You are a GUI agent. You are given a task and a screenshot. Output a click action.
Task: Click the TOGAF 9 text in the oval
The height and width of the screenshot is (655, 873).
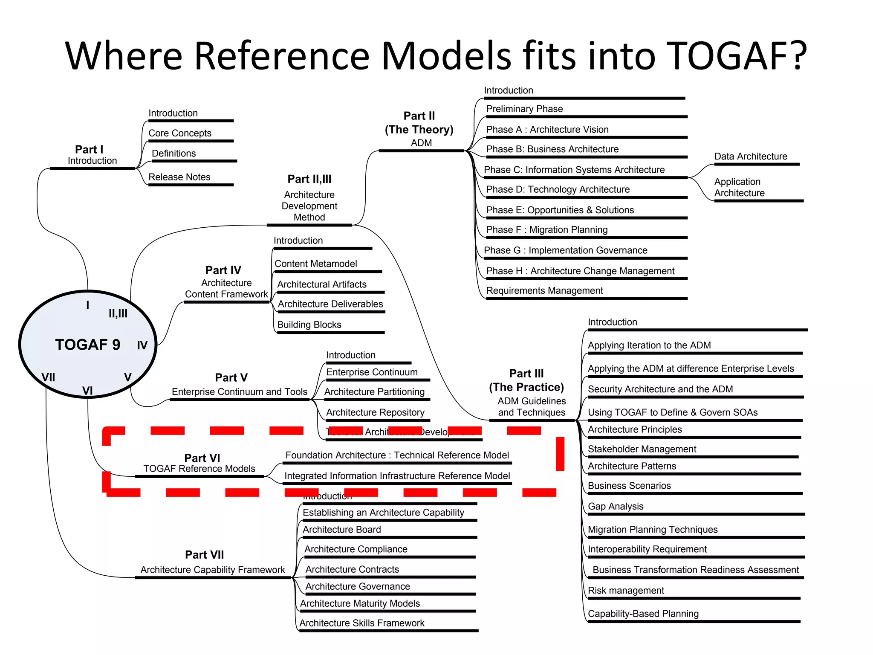(x=87, y=345)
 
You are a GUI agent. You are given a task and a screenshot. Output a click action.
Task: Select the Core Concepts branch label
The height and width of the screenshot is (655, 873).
(x=179, y=133)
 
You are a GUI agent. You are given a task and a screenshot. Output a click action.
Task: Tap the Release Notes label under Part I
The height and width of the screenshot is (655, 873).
(x=179, y=177)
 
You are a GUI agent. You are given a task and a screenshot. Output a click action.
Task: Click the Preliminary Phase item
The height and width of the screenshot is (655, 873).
(x=524, y=109)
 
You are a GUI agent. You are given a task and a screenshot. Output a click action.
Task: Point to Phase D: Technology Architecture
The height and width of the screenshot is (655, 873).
(x=558, y=189)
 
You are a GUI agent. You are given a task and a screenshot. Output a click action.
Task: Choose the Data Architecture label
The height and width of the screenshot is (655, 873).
(x=750, y=157)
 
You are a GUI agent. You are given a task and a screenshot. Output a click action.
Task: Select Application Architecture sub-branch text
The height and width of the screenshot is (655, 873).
(x=739, y=187)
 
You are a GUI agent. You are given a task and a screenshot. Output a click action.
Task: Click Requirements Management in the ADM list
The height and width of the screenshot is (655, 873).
(x=544, y=291)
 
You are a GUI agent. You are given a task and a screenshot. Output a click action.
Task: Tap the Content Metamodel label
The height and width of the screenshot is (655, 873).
(x=315, y=264)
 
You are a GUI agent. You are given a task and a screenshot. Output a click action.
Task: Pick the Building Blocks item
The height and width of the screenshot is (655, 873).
(x=309, y=325)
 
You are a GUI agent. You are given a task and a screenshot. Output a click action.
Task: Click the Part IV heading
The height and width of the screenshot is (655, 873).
(x=223, y=270)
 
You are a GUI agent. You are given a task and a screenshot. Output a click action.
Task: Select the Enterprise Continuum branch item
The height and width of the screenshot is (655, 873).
(x=372, y=372)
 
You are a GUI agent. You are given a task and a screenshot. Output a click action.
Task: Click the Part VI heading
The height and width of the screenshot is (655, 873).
(x=202, y=458)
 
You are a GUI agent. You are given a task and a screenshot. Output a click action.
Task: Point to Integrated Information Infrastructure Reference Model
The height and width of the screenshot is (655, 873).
(x=397, y=476)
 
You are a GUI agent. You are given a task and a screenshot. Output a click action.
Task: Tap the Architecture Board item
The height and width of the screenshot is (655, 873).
(x=341, y=530)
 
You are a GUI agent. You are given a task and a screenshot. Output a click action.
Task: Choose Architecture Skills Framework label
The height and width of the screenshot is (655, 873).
(x=361, y=623)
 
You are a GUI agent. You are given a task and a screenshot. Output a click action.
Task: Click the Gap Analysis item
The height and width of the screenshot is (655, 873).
(x=615, y=507)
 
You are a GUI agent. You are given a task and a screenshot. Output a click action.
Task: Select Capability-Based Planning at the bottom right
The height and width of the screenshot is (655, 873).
(x=643, y=614)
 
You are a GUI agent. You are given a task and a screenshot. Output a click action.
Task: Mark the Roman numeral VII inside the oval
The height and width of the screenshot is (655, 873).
(x=48, y=377)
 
